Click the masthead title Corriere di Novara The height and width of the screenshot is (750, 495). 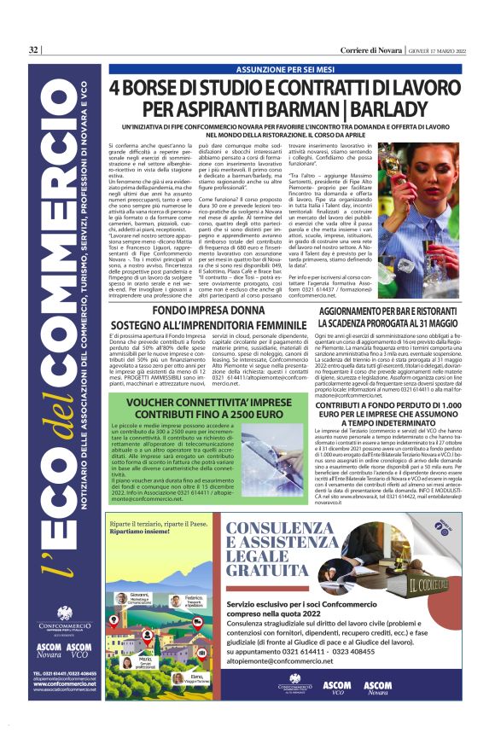tap(362, 49)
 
